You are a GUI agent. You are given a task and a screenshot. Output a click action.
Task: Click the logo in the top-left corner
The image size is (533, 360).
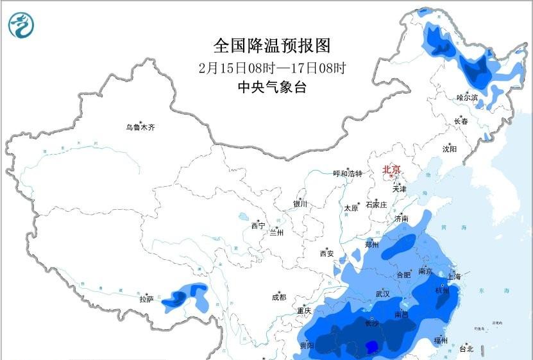click(21, 24)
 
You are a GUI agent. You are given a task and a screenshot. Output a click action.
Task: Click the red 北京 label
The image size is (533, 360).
click(391, 170)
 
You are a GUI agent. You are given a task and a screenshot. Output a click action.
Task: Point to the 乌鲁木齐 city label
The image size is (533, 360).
click(140, 128)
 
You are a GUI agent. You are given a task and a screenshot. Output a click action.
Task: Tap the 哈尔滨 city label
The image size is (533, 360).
click(468, 98)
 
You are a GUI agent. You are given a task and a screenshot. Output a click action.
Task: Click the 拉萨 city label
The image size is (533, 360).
click(146, 299)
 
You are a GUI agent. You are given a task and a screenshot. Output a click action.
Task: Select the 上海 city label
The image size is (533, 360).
click(454, 277)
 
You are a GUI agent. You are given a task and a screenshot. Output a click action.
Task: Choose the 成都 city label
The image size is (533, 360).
click(279, 298)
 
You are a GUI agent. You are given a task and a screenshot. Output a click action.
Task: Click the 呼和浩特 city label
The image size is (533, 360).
click(348, 174)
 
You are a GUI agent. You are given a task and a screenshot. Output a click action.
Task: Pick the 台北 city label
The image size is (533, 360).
click(466, 349)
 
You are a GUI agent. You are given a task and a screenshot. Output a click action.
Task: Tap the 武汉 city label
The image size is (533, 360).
click(384, 293)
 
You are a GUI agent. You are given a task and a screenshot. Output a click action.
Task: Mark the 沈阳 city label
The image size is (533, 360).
click(450, 149)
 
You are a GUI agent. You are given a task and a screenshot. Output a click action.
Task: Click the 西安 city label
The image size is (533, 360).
click(326, 253)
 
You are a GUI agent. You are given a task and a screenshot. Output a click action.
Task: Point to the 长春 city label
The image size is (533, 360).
click(461, 121)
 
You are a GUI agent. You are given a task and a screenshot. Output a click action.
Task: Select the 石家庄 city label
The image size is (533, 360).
click(376, 205)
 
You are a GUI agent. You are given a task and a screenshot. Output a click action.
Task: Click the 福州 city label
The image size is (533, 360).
click(440, 339)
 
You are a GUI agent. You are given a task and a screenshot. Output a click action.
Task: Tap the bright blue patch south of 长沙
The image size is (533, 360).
click(371, 347)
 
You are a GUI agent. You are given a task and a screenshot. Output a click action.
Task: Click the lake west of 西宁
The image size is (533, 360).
click(244, 217)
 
